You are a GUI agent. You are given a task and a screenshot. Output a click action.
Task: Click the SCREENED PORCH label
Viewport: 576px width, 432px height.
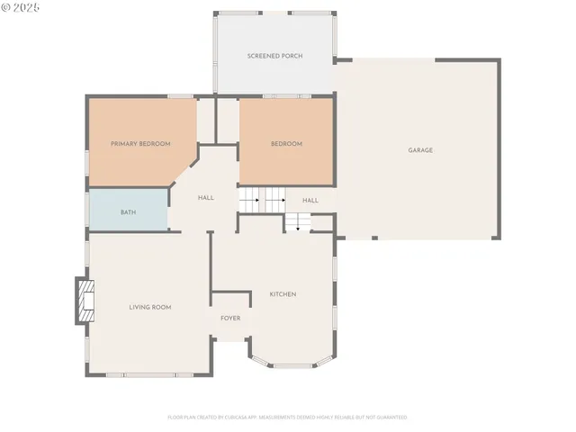pos(274,56)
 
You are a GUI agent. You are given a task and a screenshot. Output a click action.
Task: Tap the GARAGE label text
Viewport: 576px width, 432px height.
pos(420,150)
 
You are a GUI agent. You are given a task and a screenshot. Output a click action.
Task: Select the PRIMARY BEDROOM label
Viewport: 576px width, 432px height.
pos(140,144)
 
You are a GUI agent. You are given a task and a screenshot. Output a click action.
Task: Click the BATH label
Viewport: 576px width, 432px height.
pos(128,212)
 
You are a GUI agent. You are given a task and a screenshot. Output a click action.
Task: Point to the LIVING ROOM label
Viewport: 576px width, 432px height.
pos(149,308)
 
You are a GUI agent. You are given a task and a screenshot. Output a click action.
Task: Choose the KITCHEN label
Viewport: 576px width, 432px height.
pos(283,294)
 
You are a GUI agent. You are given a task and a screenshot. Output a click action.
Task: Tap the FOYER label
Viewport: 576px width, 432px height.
pos(231,318)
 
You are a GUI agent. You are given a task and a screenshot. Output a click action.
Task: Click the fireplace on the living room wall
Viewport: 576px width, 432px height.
pos(84,301)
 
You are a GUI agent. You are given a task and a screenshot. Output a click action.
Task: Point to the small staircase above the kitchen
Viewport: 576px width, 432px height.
pos(298,222)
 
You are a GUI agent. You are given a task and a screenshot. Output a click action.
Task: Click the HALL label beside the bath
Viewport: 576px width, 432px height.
pos(206,198)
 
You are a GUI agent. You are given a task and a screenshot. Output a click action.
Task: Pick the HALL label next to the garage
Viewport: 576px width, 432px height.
pos(310,201)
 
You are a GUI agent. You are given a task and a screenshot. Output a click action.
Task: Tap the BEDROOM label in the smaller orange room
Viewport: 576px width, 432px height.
pos(286,144)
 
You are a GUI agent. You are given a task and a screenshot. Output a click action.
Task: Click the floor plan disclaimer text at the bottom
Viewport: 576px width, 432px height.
pos(287,418)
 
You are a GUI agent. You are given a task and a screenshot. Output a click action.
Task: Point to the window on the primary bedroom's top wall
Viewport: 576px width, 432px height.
pos(180,95)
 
